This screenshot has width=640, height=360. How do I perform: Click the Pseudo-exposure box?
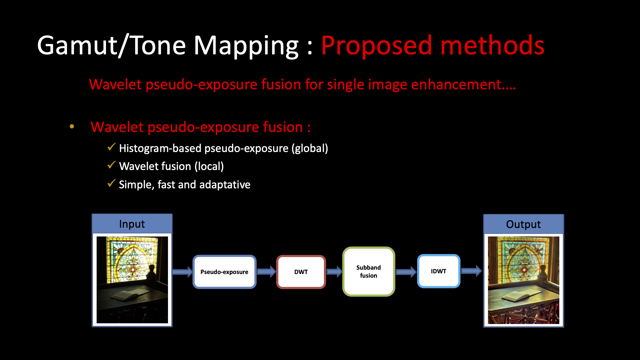(224, 272)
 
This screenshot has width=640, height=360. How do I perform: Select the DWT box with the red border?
(301, 272)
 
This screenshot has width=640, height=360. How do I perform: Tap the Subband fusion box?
(369, 271)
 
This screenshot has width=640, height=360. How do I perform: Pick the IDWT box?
(439, 271)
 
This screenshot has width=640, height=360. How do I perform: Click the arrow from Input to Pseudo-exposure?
(183, 272)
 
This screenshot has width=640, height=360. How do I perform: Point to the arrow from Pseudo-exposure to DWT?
(266, 272)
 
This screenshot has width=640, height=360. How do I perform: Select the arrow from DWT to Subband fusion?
(334, 272)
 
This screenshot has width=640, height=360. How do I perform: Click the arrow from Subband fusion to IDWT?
(406, 272)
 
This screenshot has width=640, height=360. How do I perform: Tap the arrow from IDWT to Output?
(471, 271)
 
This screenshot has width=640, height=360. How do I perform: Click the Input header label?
(132, 224)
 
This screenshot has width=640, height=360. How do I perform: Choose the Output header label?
(523, 224)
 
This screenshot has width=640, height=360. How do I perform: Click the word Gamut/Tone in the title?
(112, 46)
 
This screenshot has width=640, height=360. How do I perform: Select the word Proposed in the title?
(376, 46)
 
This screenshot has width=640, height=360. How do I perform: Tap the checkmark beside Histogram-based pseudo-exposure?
(111, 147)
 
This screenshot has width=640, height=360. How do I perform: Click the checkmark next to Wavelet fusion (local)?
(111, 165)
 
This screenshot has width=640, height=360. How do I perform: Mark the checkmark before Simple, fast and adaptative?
(111, 183)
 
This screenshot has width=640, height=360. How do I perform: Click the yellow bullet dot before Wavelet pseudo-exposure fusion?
(72, 127)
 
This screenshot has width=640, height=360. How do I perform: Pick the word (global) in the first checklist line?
(310, 148)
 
